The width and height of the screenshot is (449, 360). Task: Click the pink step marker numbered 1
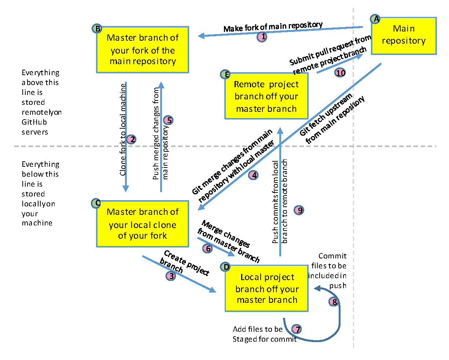point(262,37)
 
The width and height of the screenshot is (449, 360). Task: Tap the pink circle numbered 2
point(131,139)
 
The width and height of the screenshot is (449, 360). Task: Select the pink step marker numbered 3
point(171,276)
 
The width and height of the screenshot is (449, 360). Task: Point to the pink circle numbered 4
point(254,175)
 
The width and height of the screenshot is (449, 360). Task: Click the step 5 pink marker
point(168,120)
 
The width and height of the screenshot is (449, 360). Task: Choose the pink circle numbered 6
point(207,249)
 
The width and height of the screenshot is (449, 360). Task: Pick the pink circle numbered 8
point(334,302)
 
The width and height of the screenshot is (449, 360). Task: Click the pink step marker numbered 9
point(299,210)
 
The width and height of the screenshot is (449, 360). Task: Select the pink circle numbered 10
point(341,73)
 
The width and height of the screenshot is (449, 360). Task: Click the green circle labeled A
point(375,19)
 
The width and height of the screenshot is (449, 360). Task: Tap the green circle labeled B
point(97,29)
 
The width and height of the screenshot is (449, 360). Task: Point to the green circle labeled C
point(96,203)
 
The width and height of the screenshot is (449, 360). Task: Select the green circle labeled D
point(226,267)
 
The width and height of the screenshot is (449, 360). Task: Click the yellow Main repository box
point(404,36)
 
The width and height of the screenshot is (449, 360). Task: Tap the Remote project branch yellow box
point(266,96)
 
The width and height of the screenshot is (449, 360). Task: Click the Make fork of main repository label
point(273,27)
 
